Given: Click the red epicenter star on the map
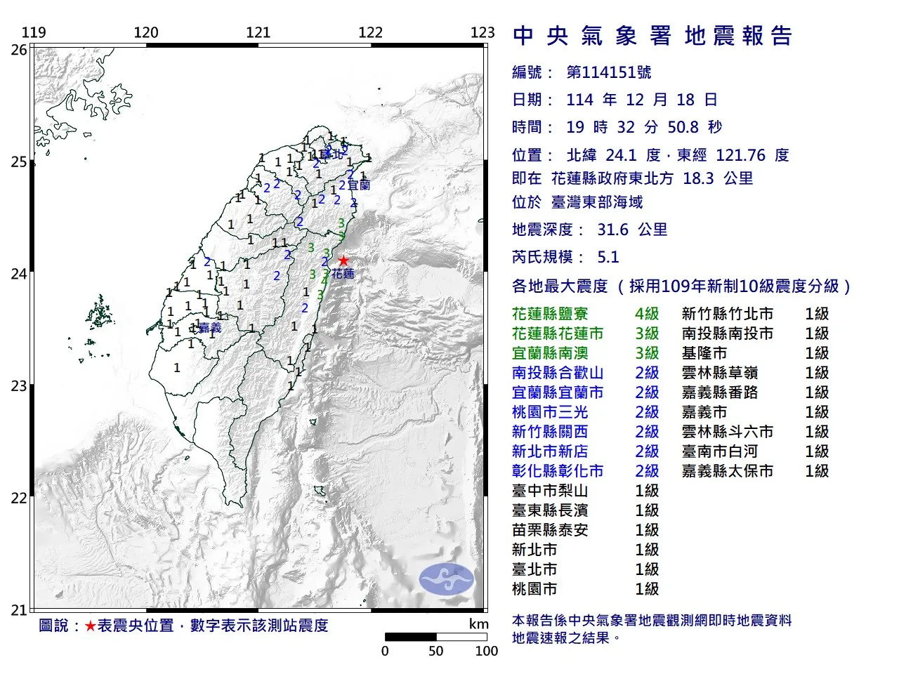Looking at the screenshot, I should click(343, 260).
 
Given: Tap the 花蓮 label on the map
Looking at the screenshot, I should click(343, 274).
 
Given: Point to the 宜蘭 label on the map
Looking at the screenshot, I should click(359, 185).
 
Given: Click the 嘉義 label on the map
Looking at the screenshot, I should click(210, 328).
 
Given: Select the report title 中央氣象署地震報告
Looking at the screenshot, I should click(652, 36).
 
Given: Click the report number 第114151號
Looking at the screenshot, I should click(609, 72).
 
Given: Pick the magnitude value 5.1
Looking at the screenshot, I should click(608, 257).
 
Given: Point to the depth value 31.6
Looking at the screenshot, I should click(613, 230).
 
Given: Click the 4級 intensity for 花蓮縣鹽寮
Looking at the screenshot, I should click(647, 314).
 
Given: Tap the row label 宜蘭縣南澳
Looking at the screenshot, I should click(550, 353).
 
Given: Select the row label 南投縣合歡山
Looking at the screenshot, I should click(558, 373).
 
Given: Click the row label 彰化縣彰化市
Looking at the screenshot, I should click(558, 471).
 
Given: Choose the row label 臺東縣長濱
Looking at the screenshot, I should click(550, 510).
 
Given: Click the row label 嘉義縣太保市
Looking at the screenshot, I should click(728, 471).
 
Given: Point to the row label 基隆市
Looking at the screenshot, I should click(704, 353).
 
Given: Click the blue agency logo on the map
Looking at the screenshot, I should click(446, 579).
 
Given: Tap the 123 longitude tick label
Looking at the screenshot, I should click(483, 32).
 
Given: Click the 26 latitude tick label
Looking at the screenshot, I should click(19, 50).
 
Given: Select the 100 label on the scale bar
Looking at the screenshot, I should click(486, 651).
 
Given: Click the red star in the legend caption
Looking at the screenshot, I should click(90, 626).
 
